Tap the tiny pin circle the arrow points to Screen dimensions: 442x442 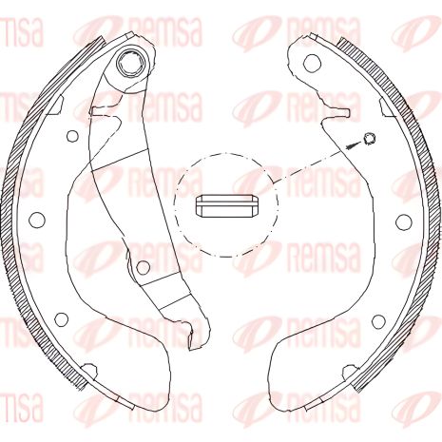coord(370,140)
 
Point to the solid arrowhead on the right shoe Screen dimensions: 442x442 coord(355,145)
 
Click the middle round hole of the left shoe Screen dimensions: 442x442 coord(38,221)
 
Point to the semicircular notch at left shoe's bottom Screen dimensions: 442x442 coord(88,368)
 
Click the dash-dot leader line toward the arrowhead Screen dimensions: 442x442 coord(314,163)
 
